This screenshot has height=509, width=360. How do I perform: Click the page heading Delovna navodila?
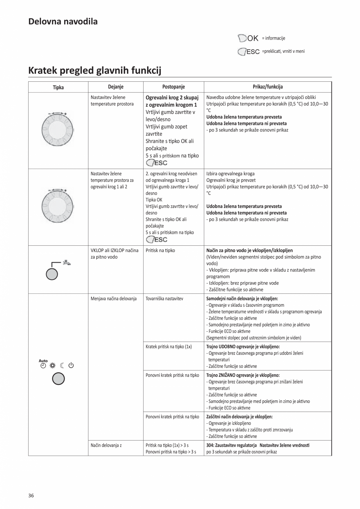(x=63, y=22)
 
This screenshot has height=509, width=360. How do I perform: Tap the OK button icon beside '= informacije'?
(x=248, y=38)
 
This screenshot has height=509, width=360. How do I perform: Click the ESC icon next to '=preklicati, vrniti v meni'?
(x=249, y=52)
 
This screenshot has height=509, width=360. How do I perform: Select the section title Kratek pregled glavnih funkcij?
(x=95, y=70)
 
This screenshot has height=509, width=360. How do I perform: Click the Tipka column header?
(x=58, y=87)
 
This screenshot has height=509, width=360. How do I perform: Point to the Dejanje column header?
(x=115, y=87)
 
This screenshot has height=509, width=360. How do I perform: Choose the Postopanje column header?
(x=173, y=87)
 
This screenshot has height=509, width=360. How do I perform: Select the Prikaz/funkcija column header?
(x=268, y=87)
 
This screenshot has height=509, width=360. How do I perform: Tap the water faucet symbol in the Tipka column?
(x=67, y=263)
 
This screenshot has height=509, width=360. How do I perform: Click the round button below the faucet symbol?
(x=52, y=274)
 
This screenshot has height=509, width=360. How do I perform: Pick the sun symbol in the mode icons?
(x=52, y=366)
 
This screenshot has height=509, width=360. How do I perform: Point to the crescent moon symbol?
(x=62, y=366)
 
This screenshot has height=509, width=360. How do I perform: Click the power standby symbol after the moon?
(x=71, y=366)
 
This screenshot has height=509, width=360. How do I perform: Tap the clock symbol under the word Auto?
(x=43, y=366)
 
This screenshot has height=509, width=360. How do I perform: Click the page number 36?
(x=31, y=496)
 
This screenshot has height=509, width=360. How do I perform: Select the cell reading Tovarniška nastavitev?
(x=164, y=299)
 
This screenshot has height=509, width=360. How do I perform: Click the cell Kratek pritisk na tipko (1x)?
(x=169, y=347)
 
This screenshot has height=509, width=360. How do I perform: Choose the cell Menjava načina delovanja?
(x=113, y=299)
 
